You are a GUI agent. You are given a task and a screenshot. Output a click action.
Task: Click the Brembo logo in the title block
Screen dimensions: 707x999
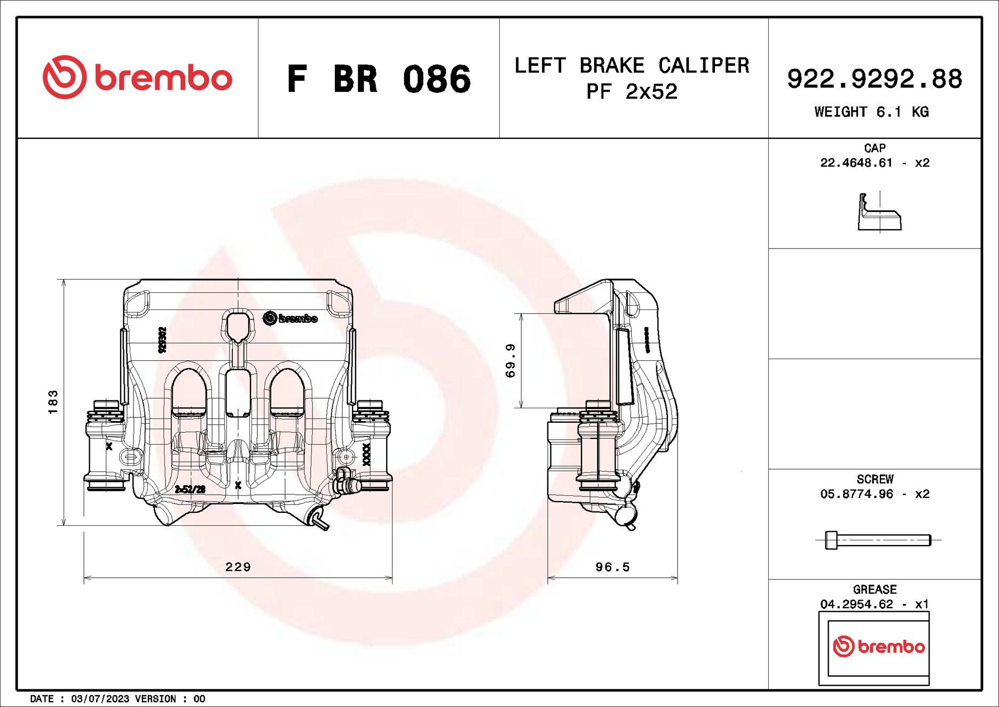[x=137, y=77]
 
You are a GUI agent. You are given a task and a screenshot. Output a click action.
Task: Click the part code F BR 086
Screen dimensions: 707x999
[x=379, y=79]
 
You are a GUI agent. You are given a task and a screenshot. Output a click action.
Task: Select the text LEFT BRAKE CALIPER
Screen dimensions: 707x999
[x=632, y=66]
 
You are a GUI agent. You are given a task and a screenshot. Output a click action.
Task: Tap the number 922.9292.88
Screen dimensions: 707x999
[x=874, y=79]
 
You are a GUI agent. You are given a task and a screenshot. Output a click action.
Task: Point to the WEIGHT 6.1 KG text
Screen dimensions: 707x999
[x=871, y=112]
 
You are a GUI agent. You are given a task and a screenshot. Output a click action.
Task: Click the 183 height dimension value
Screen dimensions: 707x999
[x=52, y=402]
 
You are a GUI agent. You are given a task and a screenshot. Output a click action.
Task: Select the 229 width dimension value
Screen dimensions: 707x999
[x=238, y=566]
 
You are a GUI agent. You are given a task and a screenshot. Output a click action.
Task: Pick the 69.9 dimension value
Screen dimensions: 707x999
[x=510, y=361]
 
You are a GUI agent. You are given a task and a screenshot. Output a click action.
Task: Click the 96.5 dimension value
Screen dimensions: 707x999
[x=612, y=567]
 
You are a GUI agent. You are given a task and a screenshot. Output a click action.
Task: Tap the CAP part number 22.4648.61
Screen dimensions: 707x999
[x=856, y=162]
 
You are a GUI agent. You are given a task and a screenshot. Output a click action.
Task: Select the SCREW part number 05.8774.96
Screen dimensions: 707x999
[x=856, y=494]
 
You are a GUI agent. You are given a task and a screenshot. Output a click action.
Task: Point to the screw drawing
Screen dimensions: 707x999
[x=878, y=540]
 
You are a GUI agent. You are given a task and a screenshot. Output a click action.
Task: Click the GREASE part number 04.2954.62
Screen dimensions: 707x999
[x=856, y=604]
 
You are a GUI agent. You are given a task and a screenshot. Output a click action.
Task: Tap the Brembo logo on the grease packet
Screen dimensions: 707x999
[x=878, y=647]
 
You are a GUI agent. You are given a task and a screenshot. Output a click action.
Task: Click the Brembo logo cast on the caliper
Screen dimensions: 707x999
[x=290, y=318]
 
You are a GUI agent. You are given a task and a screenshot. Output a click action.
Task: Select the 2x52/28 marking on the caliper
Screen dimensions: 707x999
[x=190, y=490]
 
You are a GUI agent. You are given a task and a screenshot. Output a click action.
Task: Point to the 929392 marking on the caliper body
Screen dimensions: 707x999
[x=163, y=340]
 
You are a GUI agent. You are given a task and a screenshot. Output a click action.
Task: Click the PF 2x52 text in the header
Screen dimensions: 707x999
[x=632, y=92]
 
